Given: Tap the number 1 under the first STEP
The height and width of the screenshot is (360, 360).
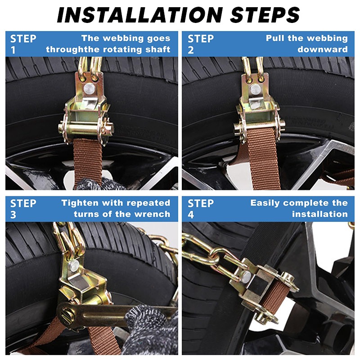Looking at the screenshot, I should click(x=13, y=50).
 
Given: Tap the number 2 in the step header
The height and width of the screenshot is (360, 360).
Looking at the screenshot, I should click(x=191, y=50).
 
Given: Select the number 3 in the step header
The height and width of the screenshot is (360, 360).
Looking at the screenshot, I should click(x=13, y=215).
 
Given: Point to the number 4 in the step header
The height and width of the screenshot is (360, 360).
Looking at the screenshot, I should click(x=191, y=215).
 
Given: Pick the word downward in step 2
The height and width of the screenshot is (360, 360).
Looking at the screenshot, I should click(x=322, y=49).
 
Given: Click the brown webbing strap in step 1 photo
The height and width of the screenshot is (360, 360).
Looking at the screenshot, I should click(x=87, y=160).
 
